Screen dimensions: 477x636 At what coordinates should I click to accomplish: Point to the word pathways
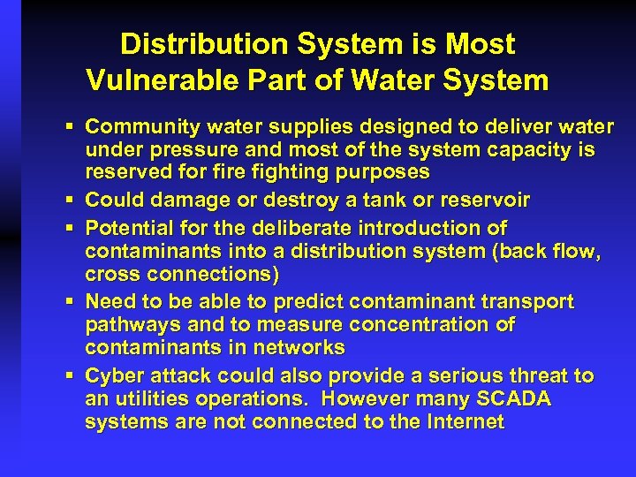128,324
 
